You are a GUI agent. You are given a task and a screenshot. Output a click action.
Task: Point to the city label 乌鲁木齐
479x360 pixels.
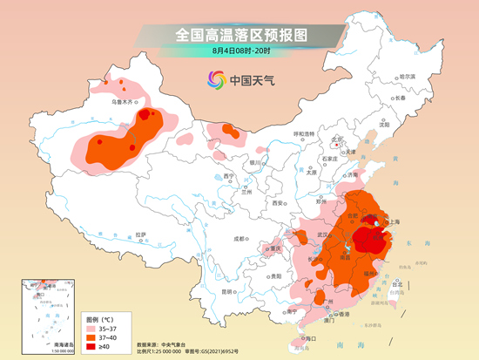point(125,102)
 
